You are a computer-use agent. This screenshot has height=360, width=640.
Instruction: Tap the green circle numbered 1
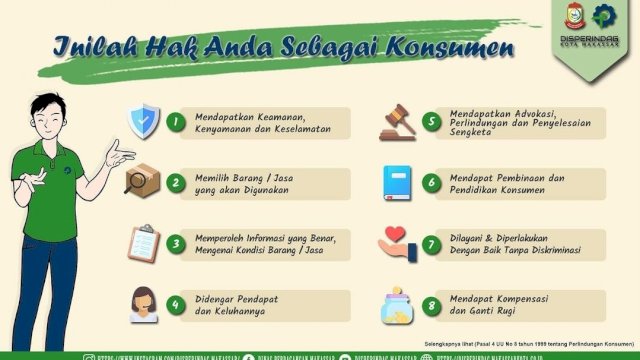coord(176,122)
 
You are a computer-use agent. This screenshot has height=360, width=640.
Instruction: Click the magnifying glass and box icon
coord(141,181)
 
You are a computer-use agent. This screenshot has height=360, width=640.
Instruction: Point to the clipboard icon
coord(143,243)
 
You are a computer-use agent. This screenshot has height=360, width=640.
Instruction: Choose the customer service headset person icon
coord(143,304)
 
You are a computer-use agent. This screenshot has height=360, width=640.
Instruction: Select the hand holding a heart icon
coord(398,243)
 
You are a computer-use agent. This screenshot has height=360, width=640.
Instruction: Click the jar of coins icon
coord(397,305)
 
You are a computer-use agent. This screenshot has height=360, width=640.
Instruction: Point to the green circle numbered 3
coord(176,243)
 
